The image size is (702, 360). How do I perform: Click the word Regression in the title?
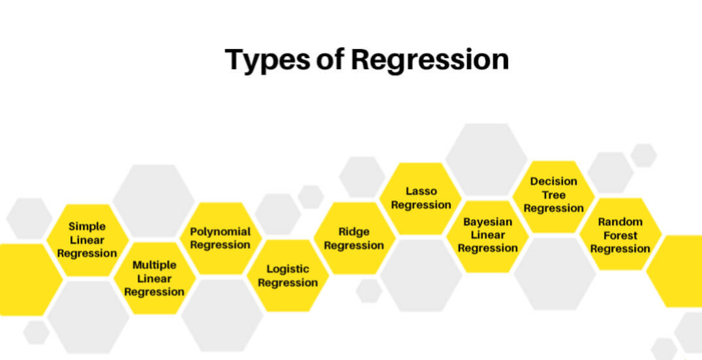tap(429, 60)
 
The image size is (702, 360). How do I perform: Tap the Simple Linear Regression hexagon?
tap(87, 240)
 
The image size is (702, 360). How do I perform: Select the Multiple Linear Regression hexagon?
tap(154, 278)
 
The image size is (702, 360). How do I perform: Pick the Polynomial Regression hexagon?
tap(221, 238)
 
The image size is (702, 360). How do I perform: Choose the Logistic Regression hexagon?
tap(288, 276)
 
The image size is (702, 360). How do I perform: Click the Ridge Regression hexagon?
tap(354, 238)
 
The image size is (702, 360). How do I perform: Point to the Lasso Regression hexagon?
tap(421, 198)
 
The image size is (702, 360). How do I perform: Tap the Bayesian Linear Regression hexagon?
tap(487, 235)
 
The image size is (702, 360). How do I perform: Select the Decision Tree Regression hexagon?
tap(553, 195)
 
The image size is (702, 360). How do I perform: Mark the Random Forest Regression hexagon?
tap(620, 235)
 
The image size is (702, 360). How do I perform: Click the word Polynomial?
tap(221, 232)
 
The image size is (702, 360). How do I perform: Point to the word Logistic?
tap(288, 269)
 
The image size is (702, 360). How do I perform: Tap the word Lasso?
tap(421, 191)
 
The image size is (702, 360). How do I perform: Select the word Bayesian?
tap(487, 222)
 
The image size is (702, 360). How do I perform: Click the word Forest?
tap(620, 235)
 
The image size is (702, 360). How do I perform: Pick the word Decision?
tap(553, 181)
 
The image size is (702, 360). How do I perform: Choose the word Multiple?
tap(154, 265)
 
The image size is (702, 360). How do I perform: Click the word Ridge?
tap(354, 232)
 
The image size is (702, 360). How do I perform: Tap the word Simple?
tap(87, 226)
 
